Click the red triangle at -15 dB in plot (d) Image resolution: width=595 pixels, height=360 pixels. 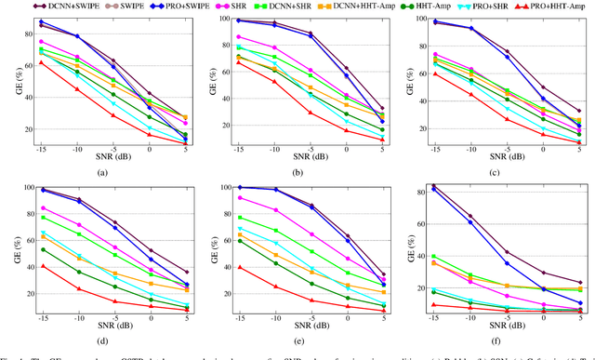pos(42,266)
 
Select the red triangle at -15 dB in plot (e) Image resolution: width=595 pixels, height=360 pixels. pos(239,267)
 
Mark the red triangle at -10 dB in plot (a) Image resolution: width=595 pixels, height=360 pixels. pos(77,89)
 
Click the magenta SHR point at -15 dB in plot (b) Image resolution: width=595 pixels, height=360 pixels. pos(239,36)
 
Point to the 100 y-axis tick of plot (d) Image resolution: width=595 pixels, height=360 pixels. pos(26,187)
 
